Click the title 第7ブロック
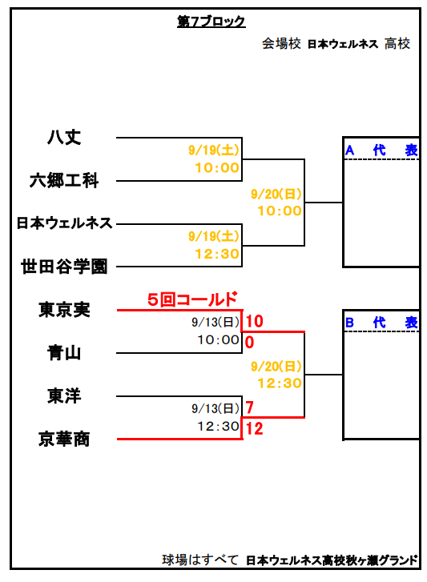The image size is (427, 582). tap(211, 22)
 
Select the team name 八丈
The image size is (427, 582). tap(64, 137)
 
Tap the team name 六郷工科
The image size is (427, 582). tap(64, 180)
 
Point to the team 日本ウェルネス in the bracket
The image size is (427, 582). tap(64, 223)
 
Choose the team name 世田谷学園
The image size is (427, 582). tap(64, 267)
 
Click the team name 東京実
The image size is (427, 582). tap(64, 310)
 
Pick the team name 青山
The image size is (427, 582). tap(64, 352)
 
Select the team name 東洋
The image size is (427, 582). tap(64, 395)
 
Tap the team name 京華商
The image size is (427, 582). tap(64, 439)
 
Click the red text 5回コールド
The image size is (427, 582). tap(192, 299)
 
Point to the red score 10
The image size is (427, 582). tap(254, 322)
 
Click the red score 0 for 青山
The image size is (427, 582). tap(249, 342)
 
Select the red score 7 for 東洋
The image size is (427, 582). tap(249, 407)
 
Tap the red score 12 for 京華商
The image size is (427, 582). tap(254, 429)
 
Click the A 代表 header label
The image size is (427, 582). tap(381, 151)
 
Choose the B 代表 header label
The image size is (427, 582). tap(381, 323)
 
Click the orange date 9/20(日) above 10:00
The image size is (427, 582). tap(276, 194)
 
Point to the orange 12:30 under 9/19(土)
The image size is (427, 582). tap(217, 254)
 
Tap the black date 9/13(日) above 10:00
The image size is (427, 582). tap(216, 322)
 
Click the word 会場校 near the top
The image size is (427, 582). tap(281, 44)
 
